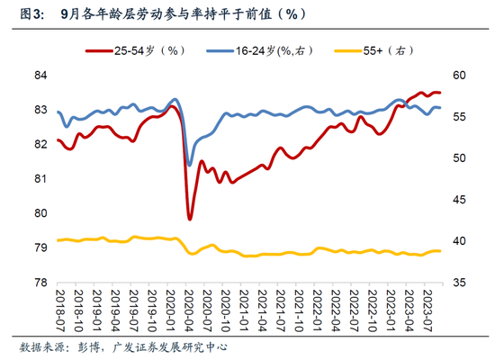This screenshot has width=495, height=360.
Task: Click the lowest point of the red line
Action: (x=190, y=219)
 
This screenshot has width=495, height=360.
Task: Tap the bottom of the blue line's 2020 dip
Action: (x=189, y=164)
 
